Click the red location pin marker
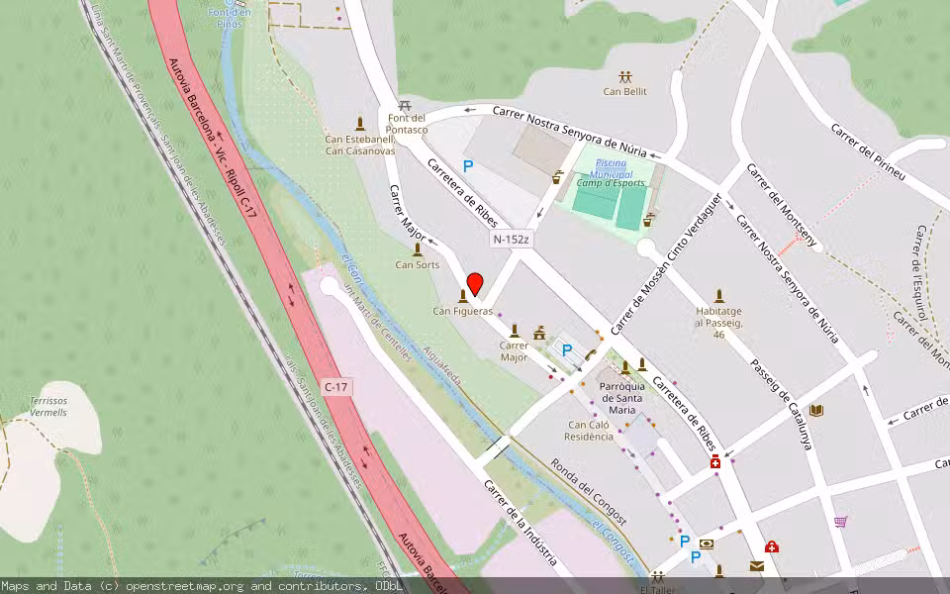475,284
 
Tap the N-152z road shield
512,240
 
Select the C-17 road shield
336,384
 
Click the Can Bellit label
624,92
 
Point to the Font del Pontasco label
407,124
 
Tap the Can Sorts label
418,264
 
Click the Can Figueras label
462,311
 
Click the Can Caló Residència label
589,430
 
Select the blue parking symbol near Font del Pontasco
468,167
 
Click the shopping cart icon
840,521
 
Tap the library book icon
815,410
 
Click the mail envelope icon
756,565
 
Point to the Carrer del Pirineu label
868,152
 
